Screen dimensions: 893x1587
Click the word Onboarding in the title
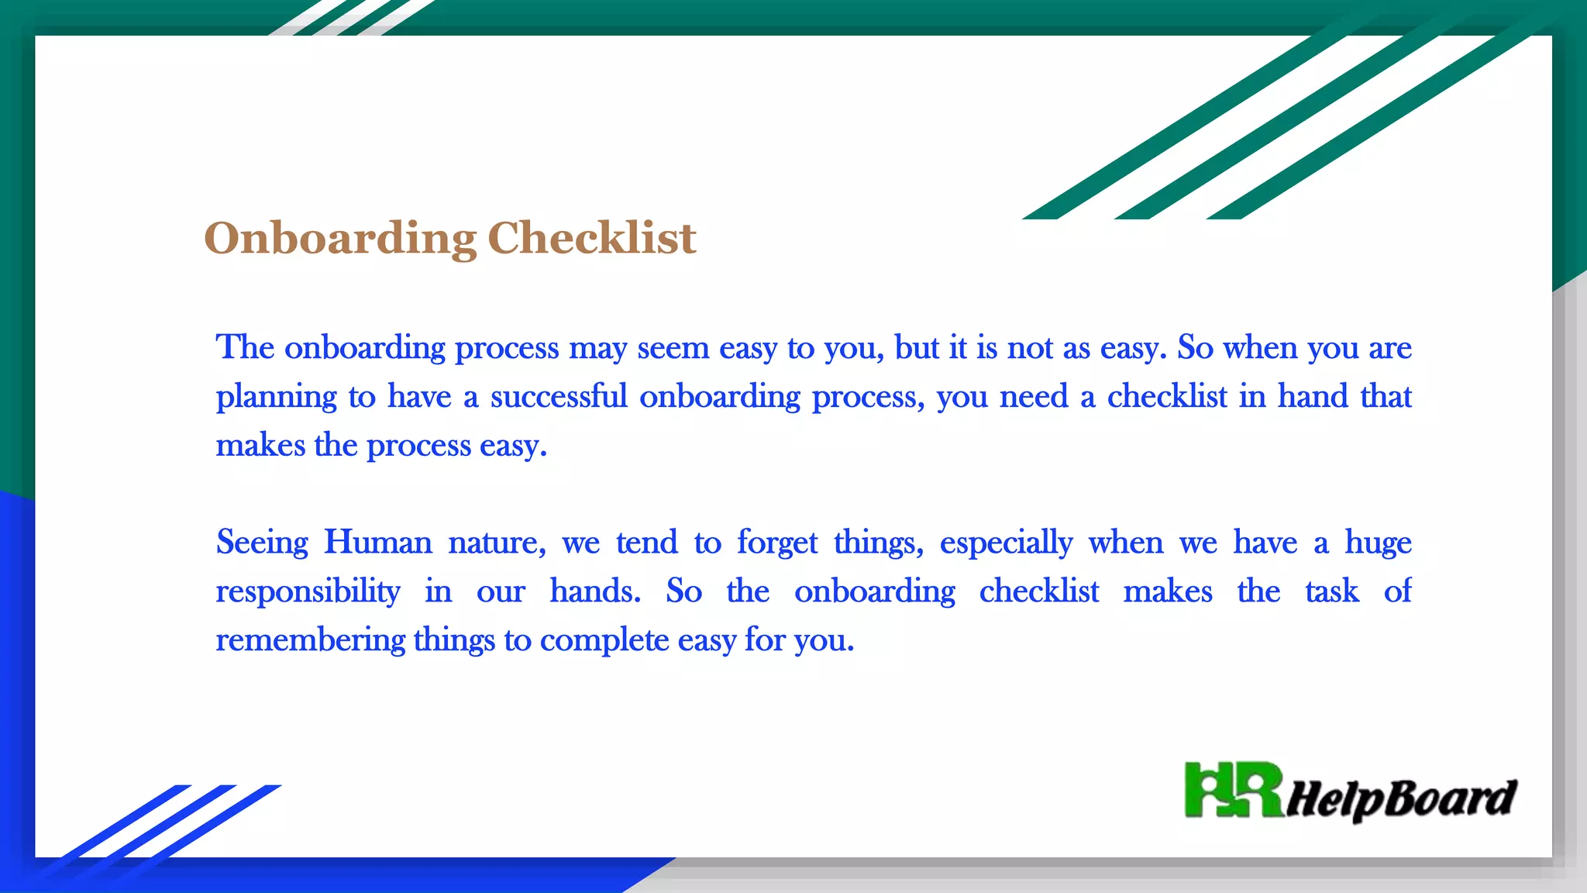click(339, 238)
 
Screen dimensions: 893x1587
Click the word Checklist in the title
click(591, 238)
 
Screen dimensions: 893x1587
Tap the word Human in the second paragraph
click(377, 542)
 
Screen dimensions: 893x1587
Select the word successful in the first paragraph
click(558, 397)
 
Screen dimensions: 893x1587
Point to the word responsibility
click(308, 592)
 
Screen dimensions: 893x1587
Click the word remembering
click(310, 640)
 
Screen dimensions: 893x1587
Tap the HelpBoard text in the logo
click(1401, 798)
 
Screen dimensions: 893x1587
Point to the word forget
click(776, 543)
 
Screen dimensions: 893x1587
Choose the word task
click(1331, 591)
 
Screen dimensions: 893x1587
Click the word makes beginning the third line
click(260, 446)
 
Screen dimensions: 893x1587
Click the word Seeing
click(262, 543)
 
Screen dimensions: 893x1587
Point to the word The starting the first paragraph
click(245, 347)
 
